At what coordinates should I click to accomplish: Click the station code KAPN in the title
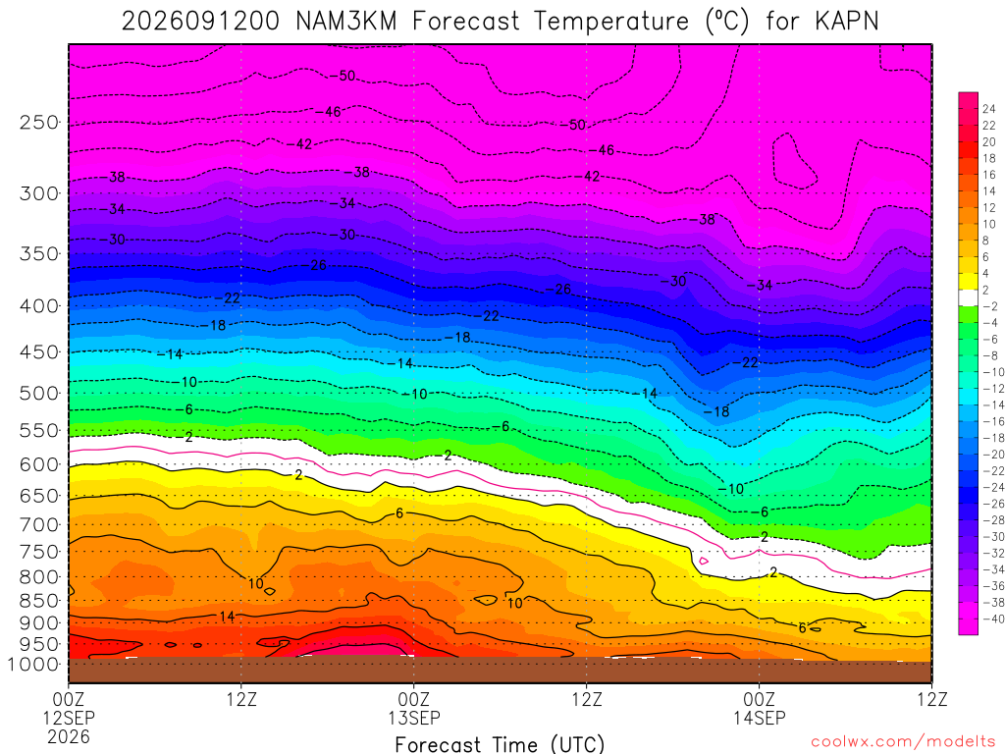click(846, 22)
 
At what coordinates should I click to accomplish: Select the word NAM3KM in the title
click(346, 22)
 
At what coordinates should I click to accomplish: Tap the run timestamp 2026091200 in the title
click(200, 22)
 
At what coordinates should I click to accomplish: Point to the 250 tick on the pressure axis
click(39, 122)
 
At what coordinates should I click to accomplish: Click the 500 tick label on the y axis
click(39, 393)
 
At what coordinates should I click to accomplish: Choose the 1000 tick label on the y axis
click(33, 665)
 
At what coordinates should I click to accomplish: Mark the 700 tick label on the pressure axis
click(39, 524)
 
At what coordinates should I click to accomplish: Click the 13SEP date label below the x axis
click(414, 718)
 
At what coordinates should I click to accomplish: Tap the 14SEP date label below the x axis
click(760, 718)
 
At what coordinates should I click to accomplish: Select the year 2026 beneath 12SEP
click(69, 737)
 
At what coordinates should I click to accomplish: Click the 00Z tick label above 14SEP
click(760, 699)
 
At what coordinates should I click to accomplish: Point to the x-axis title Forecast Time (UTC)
click(500, 744)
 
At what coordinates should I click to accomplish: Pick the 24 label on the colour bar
click(989, 109)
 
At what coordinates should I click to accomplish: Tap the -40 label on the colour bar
click(993, 619)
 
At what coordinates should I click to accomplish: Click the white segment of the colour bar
click(969, 297)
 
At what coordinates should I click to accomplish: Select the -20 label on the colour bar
click(993, 454)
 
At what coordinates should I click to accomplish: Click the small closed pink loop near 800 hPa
click(704, 561)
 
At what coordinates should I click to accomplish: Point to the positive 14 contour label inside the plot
click(227, 617)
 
